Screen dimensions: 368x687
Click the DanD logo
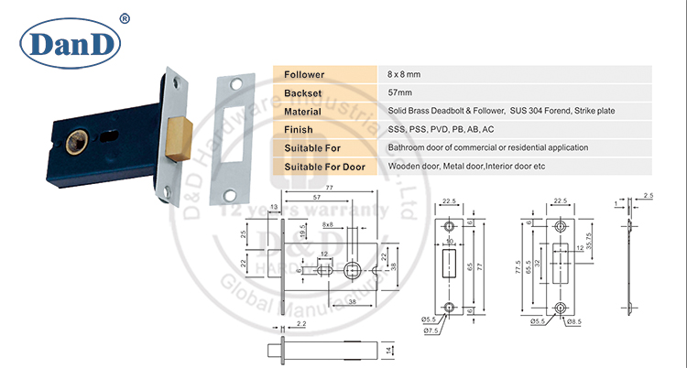[71, 41]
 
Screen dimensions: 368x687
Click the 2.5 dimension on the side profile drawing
[649, 195]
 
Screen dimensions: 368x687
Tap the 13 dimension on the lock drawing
[274, 208]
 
